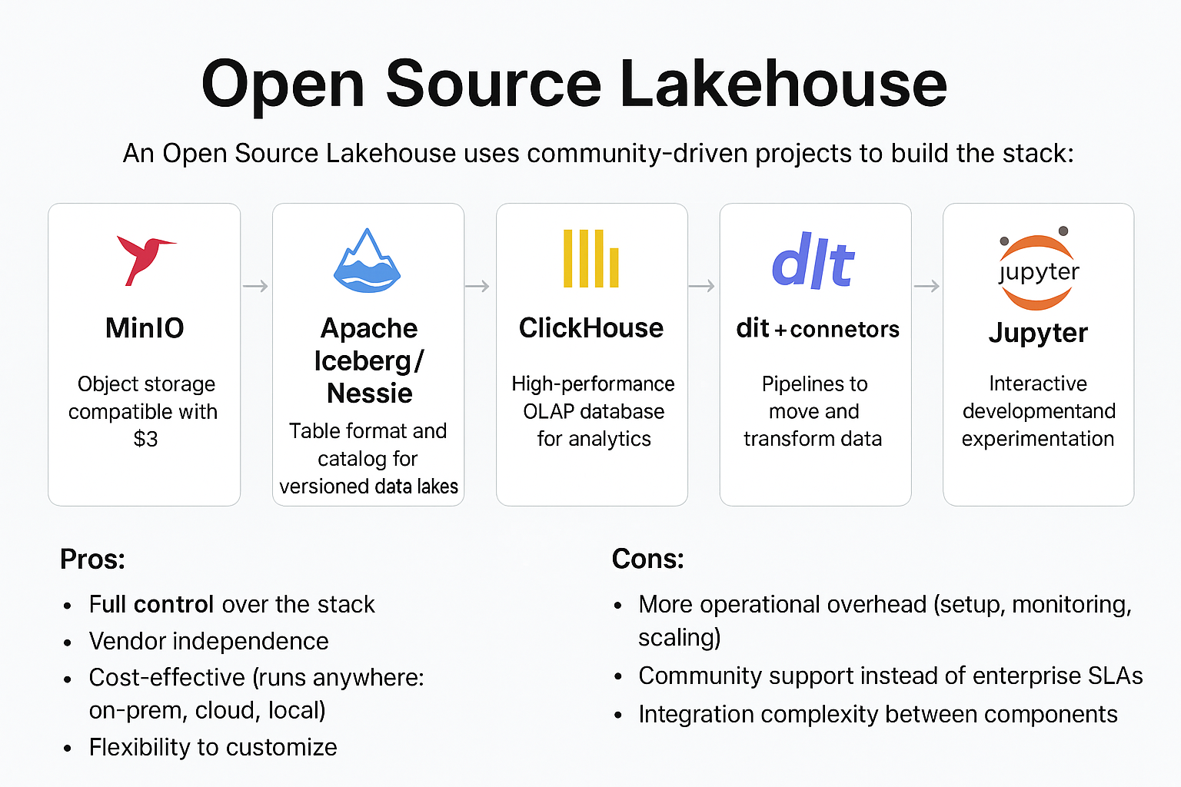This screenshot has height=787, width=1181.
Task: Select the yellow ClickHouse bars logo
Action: point(590,258)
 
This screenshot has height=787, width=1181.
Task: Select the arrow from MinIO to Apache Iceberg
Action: point(255,287)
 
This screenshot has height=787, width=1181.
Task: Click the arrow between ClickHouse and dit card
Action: point(701,287)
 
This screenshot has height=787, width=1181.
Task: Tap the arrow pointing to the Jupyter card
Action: point(927,287)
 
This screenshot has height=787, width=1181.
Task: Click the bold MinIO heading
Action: point(145,328)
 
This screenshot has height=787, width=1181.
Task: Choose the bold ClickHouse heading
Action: point(590,328)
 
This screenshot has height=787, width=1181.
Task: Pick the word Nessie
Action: point(369,393)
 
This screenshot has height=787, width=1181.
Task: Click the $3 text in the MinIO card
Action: point(145,439)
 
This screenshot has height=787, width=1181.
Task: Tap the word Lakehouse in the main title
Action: point(783,84)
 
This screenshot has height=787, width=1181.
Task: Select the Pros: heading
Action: point(92,560)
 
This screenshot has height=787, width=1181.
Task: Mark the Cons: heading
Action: point(647,560)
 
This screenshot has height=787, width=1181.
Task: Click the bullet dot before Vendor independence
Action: point(68,643)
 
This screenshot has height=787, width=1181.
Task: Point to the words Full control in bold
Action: point(151,605)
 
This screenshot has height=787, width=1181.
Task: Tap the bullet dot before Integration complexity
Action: point(618,716)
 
